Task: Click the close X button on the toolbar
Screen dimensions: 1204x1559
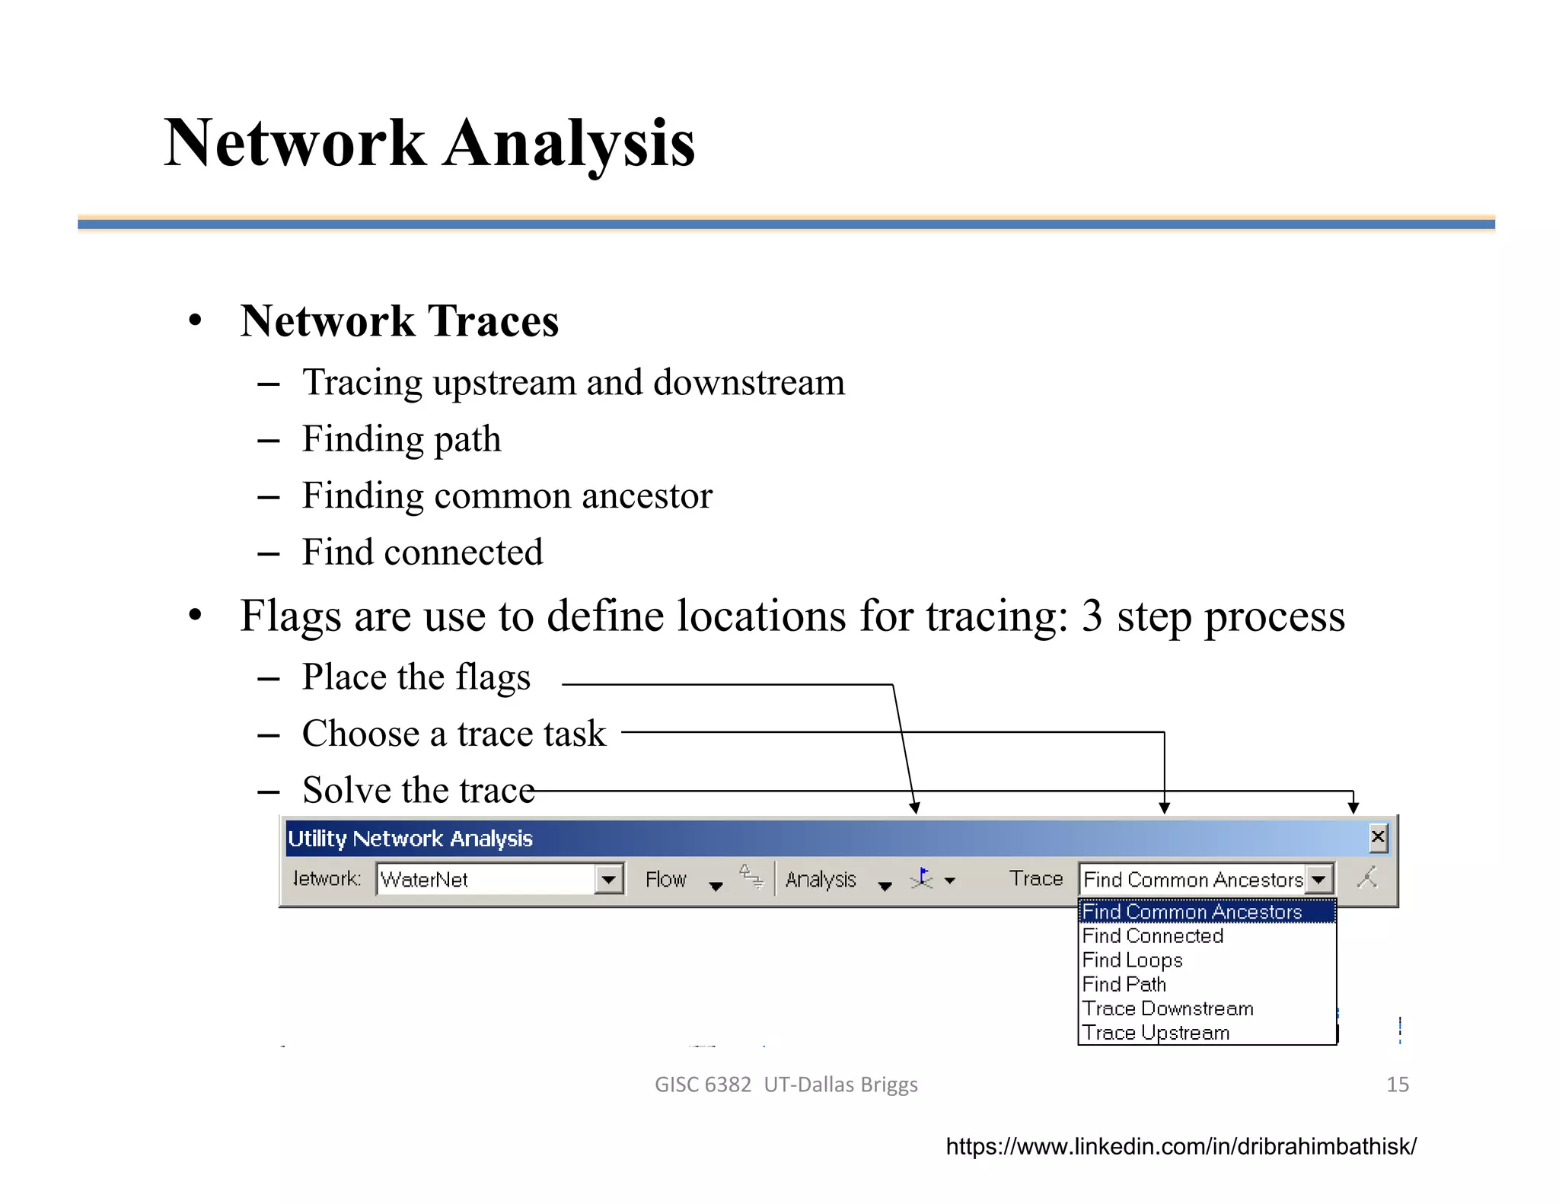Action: tap(1377, 838)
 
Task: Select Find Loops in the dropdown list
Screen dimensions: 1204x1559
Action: tap(1132, 960)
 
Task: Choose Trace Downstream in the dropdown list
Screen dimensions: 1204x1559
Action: tap(1167, 1009)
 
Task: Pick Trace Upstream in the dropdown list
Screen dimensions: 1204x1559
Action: tap(1156, 1033)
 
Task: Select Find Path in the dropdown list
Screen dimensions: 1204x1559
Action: tap(1124, 985)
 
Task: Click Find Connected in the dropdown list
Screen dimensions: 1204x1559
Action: tap(1153, 936)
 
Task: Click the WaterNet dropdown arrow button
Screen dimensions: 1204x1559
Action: tap(608, 880)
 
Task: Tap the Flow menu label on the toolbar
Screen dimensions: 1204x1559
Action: tap(665, 880)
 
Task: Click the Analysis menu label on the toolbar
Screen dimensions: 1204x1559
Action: tap(821, 880)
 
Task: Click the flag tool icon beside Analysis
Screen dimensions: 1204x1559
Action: tap(922, 879)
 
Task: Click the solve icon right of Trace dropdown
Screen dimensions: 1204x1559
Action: tap(1367, 878)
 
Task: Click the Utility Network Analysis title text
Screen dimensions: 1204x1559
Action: tap(410, 839)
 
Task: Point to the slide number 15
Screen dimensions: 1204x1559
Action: tap(1397, 1085)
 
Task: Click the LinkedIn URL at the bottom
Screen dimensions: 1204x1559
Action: tap(1181, 1146)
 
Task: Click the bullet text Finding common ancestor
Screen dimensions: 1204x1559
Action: tap(507, 496)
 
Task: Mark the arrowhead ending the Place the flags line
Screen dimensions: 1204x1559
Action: tap(915, 808)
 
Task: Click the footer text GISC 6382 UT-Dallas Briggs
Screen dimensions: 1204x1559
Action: tap(786, 1085)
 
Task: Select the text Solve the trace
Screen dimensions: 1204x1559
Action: tap(419, 790)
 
